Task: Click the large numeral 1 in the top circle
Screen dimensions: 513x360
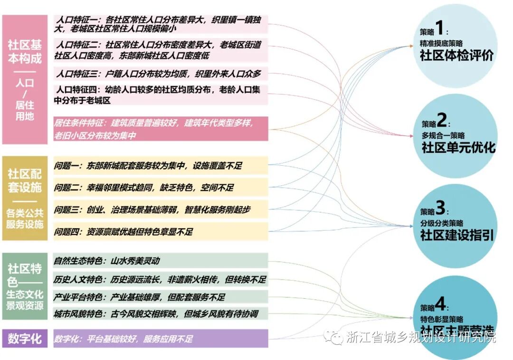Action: [x=439, y=29]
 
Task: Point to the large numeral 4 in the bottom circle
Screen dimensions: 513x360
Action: [x=440, y=303]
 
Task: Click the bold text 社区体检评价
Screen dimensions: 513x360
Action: [x=456, y=55]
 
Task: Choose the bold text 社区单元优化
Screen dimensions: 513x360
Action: [x=458, y=147]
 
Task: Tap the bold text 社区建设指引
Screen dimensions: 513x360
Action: [x=457, y=235]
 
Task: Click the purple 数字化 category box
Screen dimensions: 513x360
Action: [x=25, y=339]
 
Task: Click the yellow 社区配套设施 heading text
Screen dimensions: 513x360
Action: [x=25, y=181]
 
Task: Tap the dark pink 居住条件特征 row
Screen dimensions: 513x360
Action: [x=161, y=129]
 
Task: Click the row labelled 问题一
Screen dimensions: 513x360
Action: [x=161, y=166]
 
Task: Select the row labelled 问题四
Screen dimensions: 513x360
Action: [x=161, y=232]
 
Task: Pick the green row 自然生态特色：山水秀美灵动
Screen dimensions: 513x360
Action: [x=161, y=261]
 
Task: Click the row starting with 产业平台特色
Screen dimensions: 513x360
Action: [x=161, y=297]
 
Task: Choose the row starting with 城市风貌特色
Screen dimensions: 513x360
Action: [x=161, y=313]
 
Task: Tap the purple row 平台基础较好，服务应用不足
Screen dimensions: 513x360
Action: [x=161, y=339]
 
